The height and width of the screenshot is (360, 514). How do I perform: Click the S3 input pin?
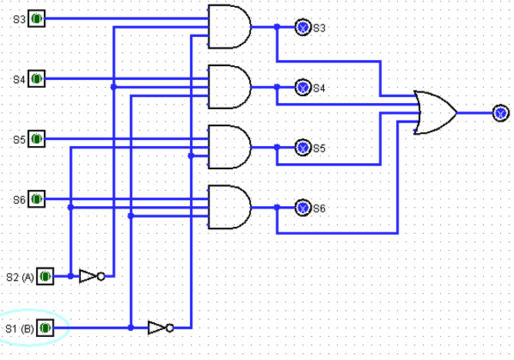pos(37,18)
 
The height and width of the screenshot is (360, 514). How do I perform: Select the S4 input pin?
pos(37,78)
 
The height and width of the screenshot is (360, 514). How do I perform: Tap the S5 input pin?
pos(37,139)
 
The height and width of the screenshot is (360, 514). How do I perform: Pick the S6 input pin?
pos(37,199)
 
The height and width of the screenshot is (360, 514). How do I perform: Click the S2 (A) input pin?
pos(46,275)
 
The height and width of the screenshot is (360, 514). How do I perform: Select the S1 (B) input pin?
pos(46,328)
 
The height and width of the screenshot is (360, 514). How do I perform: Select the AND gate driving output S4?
pos(229,86)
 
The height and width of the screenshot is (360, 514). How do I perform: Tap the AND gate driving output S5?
pos(229,146)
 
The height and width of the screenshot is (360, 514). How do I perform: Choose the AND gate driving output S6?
pos(229,207)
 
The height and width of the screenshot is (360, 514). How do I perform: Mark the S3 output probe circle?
pos(303,28)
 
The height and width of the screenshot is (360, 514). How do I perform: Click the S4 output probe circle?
pos(303,88)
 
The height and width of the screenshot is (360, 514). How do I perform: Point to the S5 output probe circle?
pos(303,147)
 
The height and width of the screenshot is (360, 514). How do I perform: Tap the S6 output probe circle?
pos(303,208)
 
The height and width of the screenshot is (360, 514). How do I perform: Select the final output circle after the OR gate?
pos(501,114)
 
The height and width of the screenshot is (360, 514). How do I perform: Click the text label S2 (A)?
pos(20,276)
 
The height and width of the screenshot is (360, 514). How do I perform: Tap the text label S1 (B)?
pos(20,329)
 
